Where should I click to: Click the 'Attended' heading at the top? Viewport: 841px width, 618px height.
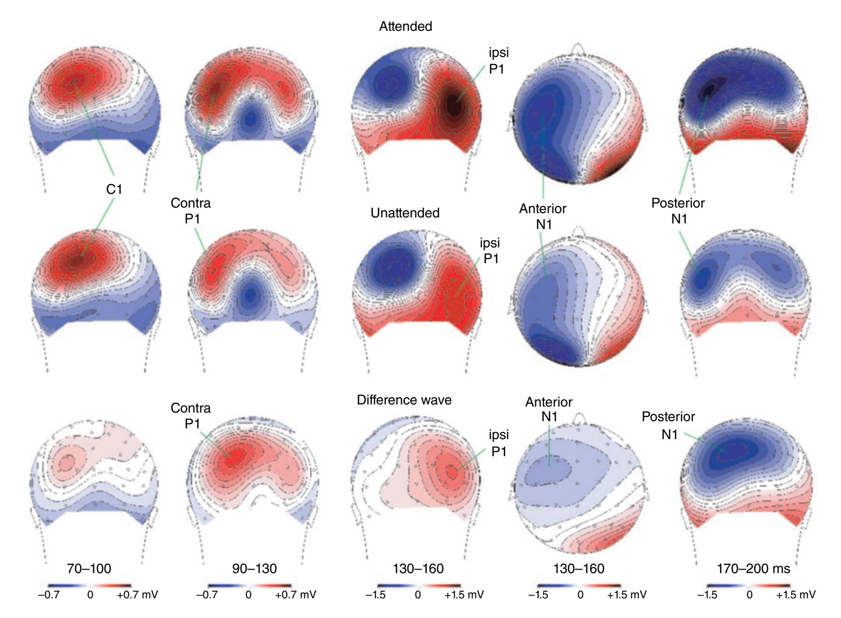(405, 27)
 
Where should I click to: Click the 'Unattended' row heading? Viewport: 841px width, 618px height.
(405, 213)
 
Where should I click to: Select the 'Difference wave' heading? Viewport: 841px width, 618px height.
(404, 400)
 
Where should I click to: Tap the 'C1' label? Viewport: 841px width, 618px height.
(114, 189)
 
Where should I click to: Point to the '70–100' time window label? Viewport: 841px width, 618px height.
(89, 568)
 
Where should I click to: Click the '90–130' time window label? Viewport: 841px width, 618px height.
(254, 568)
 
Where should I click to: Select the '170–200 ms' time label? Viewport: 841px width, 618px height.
(753, 568)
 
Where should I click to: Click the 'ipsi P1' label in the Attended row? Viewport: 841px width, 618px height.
(499, 60)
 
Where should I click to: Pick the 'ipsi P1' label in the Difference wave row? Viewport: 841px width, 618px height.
(499, 443)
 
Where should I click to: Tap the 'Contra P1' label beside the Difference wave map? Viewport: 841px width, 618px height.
(191, 416)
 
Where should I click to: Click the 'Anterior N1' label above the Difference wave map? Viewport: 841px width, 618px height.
(549, 409)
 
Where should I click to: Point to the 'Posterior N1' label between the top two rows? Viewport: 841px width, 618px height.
(678, 211)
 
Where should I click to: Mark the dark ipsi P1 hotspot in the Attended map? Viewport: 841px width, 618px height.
(454, 105)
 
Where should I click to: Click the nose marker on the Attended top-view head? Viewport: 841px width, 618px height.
(578, 48)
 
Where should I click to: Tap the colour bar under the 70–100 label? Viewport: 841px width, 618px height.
(90, 585)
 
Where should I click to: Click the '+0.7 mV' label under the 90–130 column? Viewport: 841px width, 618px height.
(296, 595)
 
